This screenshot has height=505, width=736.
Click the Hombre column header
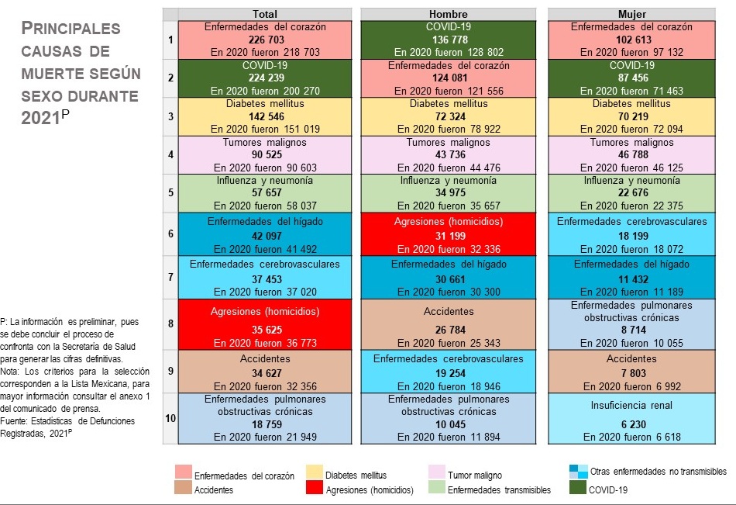(x=449, y=14)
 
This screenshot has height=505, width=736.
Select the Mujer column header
(x=631, y=14)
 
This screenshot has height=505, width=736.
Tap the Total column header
(x=265, y=14)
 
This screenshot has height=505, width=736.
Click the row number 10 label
(x=170, y=418)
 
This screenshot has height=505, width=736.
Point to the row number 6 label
(x=170, y=233)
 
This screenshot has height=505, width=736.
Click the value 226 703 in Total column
(x=267, y=40)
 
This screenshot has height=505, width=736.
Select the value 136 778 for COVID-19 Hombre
(x=449, y=40)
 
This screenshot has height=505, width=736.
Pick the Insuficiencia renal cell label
(x=631, y=405)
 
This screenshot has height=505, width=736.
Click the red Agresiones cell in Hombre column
(x=449, y=234)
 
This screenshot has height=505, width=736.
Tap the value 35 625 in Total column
(x=267, y=330)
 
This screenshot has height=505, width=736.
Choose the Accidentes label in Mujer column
(x=631, y=358)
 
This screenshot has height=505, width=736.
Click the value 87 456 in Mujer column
(x=633, y=78)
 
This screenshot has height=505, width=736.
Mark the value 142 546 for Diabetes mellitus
(x=267, y=116)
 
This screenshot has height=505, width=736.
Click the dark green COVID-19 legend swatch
(x=577, y=487)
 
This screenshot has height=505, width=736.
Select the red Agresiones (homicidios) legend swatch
(x=314, y=487)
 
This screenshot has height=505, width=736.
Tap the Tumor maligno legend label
(x=475, y=476)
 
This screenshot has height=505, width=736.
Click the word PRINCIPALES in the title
(x=71, y=28)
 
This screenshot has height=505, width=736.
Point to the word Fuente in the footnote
(x=12, y=420)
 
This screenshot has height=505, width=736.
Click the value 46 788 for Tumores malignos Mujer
(x=633, y=154)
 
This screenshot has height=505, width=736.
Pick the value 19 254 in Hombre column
(x=450, y=373)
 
